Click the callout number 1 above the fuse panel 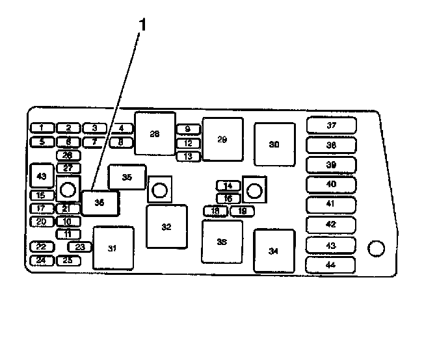point(143,25)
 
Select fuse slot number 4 point(121,128)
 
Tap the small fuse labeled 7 point(94,141)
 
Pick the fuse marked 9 point(188,129)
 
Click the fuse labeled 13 point(188,156)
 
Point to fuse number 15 point(41,195)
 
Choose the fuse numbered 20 point(41,222)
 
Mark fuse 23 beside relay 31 point(80,247)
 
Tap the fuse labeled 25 point(68,261)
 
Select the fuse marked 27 point(68,168)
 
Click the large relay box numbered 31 point(113,248)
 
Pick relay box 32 point(166,226)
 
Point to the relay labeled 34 point(274,250)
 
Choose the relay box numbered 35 point(127,177)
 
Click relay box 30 point(274,144)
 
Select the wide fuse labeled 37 point(331,125)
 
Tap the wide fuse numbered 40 point(331,185)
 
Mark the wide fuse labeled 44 point(331,264)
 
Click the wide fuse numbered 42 point(331,224)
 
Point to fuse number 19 point(241,211)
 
